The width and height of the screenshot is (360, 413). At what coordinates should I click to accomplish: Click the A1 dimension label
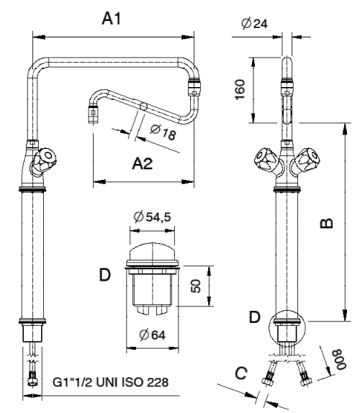[x=111, y=19]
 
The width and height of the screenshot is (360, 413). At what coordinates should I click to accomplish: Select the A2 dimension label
[x=143, y=163]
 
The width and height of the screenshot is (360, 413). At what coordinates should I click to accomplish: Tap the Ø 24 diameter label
[x=254, y=24]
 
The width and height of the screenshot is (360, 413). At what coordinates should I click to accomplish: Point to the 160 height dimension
[x=240, y=89]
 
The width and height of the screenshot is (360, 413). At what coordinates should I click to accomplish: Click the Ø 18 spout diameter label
[x=163, y=132]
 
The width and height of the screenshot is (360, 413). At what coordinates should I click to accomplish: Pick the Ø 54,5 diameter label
[x=153, y=217]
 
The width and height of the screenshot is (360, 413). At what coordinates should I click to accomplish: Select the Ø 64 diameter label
[x=153, y=335]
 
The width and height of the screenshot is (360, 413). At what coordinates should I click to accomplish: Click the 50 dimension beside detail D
[x=196, y=286]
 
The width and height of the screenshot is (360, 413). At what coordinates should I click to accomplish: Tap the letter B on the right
[x=326, y=223]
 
